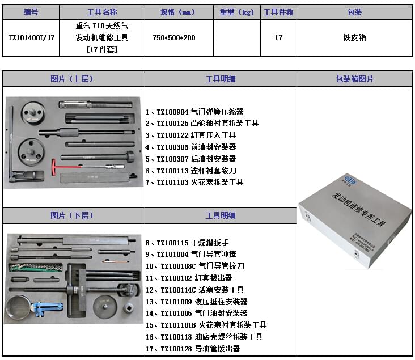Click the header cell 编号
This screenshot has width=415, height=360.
point(31,12)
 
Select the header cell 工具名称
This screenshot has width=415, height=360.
point(102,12)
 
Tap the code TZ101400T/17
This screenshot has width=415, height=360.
point(31,37)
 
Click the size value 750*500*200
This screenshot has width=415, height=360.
point(174,37)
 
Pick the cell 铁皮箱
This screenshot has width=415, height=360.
point(354,37)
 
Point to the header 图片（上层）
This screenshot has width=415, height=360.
point(73,79)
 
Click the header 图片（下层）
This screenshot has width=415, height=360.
point(73,215)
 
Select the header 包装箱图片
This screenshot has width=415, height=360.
point(354,79)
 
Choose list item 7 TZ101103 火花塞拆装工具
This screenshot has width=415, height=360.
point(194,183)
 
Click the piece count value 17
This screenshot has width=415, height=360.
point(278,37)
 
